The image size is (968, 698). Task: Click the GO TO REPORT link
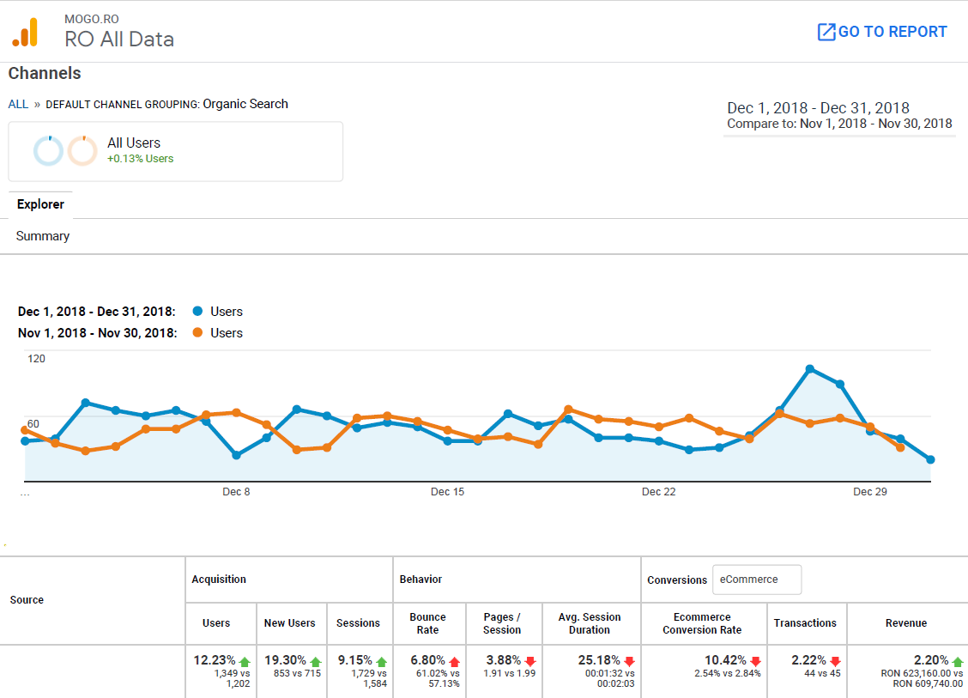(882, 32)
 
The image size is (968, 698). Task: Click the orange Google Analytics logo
(25, 32)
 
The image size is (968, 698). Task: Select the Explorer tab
(40, 204)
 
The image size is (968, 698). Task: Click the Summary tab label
(43, 236)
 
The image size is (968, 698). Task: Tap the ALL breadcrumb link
(18, 104)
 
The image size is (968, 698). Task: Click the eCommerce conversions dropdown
(757, 580)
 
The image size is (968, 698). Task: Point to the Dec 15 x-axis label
(447, 492)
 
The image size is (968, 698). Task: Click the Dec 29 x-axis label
(869, 492)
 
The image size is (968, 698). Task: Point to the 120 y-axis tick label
(36, 359)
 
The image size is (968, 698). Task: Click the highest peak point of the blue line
(809, 369)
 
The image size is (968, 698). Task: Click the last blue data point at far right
(930, 460)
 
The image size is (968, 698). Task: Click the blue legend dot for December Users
(198, 312)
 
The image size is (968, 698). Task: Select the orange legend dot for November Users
(198, 333)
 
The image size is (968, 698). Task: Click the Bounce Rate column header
(427, 623)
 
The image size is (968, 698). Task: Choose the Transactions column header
(805, 623)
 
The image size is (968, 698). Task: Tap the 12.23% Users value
(215, 660)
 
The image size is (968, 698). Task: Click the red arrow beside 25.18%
(629, 661)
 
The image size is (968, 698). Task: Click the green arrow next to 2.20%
(958, 661)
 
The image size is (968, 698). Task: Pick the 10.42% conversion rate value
(726, 660)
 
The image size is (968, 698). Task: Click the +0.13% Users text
(140, 159)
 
